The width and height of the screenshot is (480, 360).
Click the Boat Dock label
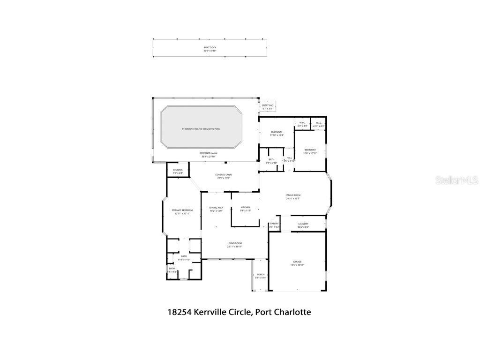tap(210, 47)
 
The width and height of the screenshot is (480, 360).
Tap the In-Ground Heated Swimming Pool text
tap(201, 128)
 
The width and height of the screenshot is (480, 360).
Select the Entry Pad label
tap(267, 106)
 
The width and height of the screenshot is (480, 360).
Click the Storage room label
tap(178, 170)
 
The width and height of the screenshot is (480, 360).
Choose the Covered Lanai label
tap(224, 175)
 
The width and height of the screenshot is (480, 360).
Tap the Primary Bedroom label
tap(182, 210)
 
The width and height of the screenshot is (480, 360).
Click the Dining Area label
tap(216, 207)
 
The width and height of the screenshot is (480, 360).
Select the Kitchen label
tap(246, 207)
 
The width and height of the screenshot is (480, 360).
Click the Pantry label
tap(274, 224)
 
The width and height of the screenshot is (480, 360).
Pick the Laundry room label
tap(303, 224)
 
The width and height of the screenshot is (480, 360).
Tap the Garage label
tap(297, 262)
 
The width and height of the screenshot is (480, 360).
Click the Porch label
tap(261, 275)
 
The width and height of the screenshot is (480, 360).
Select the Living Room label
tap(234, 243)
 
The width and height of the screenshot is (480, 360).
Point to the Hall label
tap(290, 157)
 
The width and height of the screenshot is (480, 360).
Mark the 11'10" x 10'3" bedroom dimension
tap(277, 135)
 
